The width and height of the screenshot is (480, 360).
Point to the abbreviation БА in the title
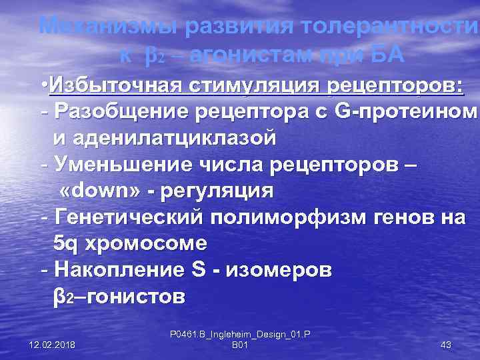[x=385, y=55]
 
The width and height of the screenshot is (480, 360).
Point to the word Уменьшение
[x=124, y=164]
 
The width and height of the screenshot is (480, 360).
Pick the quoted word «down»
[x=99, y=191]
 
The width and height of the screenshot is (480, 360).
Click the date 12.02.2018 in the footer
[x=53, y=344]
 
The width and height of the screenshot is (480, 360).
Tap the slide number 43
[x=446, y=344]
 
